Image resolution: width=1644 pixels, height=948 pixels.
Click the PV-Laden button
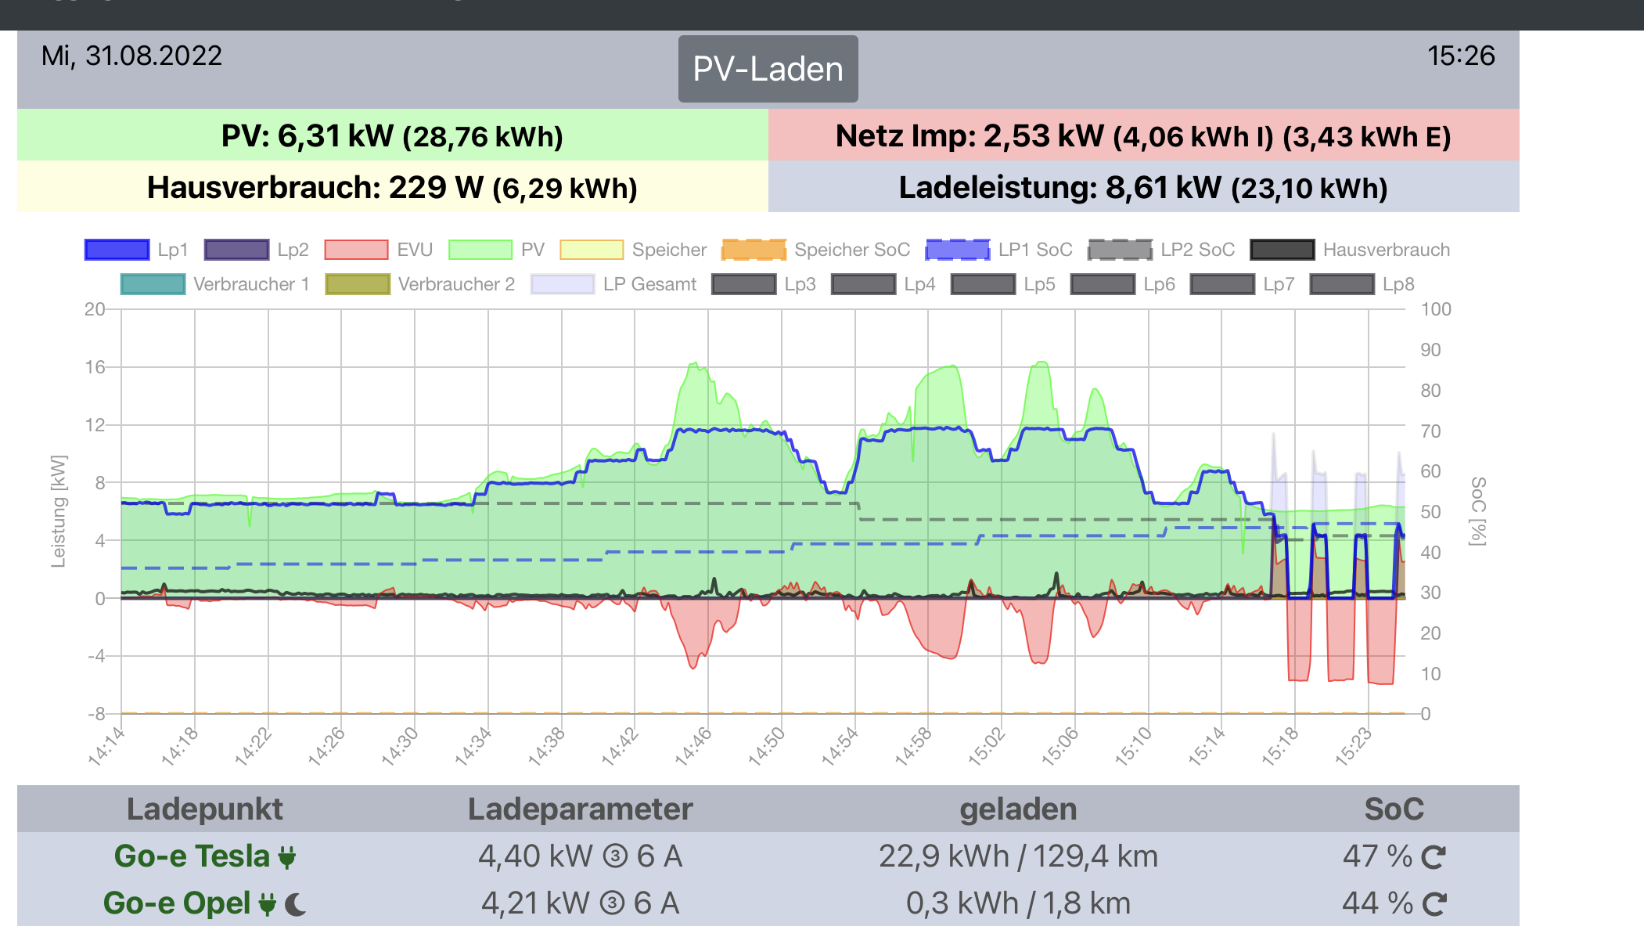[x=768, y=69]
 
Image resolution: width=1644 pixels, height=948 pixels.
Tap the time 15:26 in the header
[x=1460, y=56]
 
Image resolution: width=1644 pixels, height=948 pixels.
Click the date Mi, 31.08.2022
[x=131, y=56]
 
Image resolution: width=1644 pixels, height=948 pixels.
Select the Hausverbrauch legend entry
[x=1351, y=250]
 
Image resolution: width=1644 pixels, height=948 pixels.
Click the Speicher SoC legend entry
[x=816, y=250]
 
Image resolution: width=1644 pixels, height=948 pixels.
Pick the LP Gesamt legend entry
[x=613, y=284]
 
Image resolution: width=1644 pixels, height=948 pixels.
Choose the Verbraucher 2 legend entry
[x=420, y=284]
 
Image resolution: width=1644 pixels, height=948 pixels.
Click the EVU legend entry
[x=379, y=250]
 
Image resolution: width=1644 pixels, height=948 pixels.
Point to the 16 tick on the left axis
[x=95, y=367]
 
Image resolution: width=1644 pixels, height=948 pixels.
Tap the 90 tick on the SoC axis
[x=1430, y=350]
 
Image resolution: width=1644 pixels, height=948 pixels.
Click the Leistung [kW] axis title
[x=59, y=510]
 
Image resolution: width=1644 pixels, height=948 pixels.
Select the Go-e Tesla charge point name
[x=192, y=856]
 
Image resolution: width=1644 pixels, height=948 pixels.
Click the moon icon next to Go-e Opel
[x=296, y=905]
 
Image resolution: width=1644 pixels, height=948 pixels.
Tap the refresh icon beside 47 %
[x=1434, y=857]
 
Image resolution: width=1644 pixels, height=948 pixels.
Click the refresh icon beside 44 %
[x=1434, y=904]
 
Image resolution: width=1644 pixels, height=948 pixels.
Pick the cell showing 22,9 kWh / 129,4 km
[x=1018, y=856]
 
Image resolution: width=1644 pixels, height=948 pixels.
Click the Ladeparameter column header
[x=580, y=809]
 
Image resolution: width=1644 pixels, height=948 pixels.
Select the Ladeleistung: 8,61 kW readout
[x=1142, y=187]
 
